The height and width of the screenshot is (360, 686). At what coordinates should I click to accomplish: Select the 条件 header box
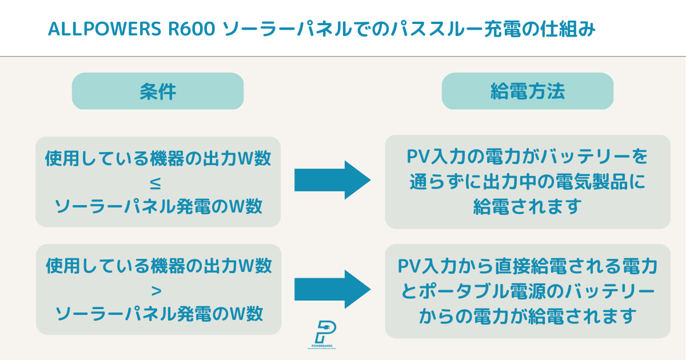158,91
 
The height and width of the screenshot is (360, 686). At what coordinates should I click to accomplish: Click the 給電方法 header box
527,91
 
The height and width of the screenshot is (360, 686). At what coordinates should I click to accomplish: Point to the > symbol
158,291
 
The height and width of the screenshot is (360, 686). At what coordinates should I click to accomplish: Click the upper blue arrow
332,180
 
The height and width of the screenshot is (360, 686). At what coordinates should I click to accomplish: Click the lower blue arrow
332,289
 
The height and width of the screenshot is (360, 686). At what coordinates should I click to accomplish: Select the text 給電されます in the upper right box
527,207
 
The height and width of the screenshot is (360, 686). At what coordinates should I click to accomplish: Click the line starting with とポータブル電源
527,291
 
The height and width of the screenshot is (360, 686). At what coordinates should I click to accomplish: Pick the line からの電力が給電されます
527,315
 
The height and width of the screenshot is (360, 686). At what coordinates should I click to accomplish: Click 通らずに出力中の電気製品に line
527,182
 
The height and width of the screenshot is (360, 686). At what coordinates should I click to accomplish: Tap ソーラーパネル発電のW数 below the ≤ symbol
158,206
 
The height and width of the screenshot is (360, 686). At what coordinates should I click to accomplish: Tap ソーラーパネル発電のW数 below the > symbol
158,314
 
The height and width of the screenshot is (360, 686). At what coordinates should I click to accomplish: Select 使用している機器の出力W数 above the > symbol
158,266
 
